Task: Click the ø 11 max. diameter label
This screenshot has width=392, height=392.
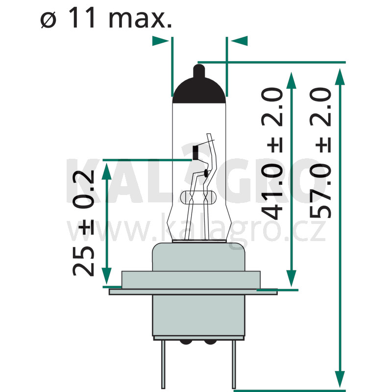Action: click(106, 18)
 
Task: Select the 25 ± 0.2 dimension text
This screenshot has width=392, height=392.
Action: click(83, 223)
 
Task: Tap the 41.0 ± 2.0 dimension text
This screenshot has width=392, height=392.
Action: click(272, 153)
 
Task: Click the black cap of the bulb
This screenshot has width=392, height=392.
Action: click(199, 91)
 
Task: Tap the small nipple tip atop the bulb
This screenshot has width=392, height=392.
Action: click(199, 71)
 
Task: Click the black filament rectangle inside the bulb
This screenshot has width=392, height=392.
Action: click(196, 153)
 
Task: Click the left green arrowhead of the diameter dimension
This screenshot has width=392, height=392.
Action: click(161, 41)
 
